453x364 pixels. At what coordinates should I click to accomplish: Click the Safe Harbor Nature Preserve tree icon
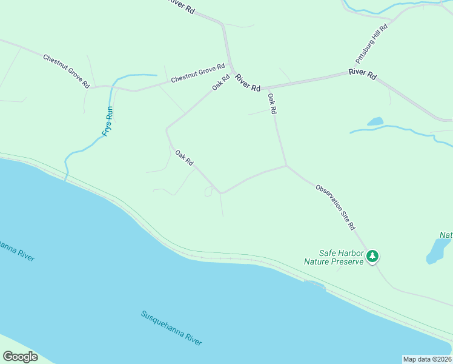pos(372,256)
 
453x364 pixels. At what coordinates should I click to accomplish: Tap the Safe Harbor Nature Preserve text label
pos(333,257)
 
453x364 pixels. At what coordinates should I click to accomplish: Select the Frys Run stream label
pos(108,121)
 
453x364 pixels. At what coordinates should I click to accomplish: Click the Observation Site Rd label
pos(336,207)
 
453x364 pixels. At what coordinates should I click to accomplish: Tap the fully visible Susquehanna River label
pos(171,328)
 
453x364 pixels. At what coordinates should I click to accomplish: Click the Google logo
pos(20,357)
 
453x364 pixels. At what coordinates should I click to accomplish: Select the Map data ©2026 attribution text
pos(427,359)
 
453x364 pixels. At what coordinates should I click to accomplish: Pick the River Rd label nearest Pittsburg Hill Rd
pos(362,75)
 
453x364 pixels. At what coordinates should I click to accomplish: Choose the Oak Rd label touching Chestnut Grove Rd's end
pos(221,83)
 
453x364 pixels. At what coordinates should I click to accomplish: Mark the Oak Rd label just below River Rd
pos(272,104)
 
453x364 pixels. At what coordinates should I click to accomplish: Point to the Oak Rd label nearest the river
pos(184,158)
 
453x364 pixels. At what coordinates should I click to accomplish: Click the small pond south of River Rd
pos(375,121)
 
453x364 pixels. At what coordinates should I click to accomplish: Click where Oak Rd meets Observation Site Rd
pos(286,165)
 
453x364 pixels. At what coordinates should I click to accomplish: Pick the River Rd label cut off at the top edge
pos(182,5)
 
